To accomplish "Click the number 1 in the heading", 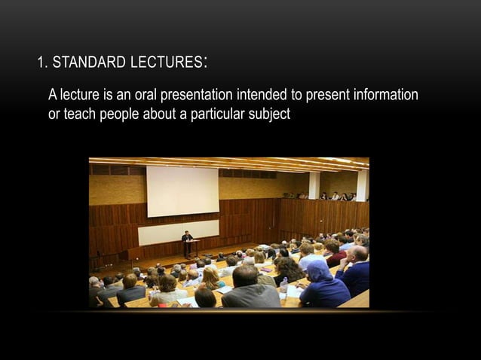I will tap(40, 63).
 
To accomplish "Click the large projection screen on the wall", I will tap(182, 191).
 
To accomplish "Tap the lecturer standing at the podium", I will tap(187, 243).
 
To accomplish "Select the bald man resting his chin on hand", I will tap(354, 270).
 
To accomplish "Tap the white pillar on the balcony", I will tap(314, 185).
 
